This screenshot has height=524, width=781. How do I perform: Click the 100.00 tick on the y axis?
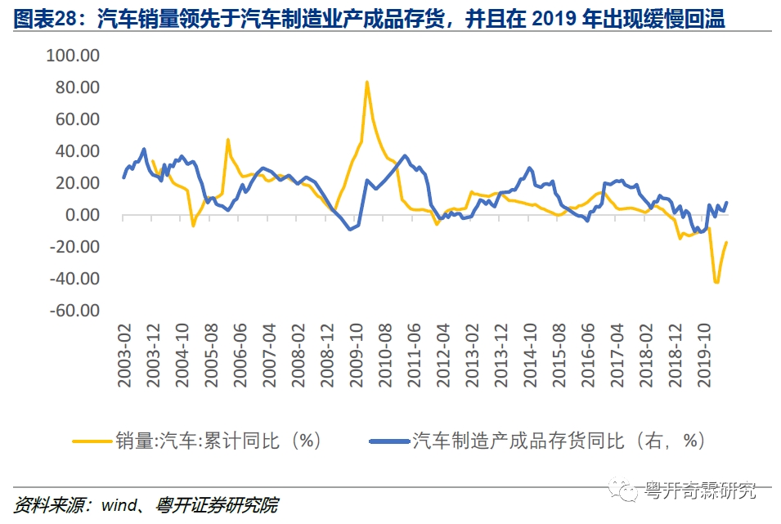pos(74,56)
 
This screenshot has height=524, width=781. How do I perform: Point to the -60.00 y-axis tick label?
pos(74,311)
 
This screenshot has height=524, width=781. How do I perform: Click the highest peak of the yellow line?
pos(367,82)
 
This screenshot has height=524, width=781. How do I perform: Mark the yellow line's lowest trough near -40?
pos(716,282)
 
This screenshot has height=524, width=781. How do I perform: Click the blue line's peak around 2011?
pos(405,155)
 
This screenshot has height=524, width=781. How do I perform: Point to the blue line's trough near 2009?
pos(350,229)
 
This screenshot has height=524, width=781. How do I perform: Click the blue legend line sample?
pos(388,441)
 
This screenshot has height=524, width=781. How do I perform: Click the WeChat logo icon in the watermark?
pos(628,490)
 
